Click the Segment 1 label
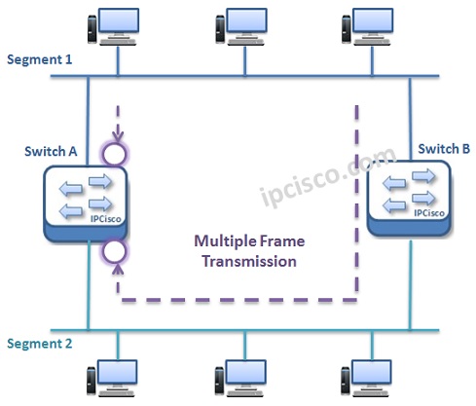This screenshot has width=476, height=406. [40, 59]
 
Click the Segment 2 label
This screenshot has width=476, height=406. [40, 344]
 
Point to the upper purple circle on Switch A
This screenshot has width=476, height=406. [117, 152]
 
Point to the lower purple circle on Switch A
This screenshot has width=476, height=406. [117, 253]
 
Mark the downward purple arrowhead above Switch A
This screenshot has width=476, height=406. [117, 134]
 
